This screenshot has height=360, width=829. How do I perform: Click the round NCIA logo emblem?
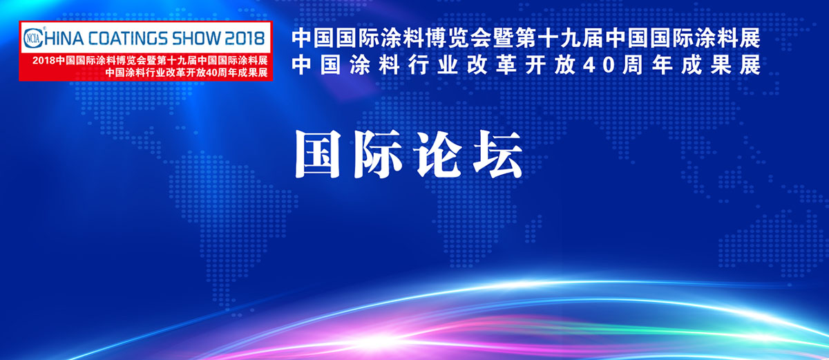tap(33, 38)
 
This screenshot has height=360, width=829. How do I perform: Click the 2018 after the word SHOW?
tap(245, 38)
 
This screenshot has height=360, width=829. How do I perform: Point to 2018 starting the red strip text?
tap(44, 61)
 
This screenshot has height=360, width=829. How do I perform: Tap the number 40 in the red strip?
tap(210, 73)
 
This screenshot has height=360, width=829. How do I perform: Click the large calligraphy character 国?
tap(318, 154)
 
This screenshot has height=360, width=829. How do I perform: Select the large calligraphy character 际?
tap(377, 154)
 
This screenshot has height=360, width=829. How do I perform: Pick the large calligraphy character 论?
tap(438, 154)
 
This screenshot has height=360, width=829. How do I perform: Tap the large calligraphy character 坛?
tap(498, 154)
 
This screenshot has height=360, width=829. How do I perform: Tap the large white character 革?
tap(506, 66)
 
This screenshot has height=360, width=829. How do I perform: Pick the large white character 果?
tap(721, 66)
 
